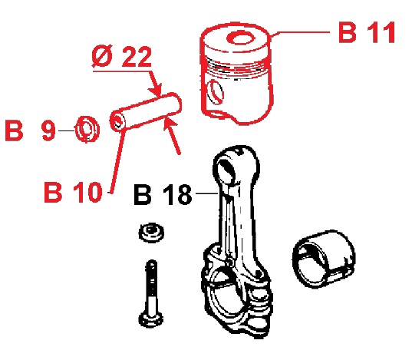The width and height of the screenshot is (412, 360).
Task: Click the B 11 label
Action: [367, 32]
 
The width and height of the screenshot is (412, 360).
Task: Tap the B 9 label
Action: [30, 130]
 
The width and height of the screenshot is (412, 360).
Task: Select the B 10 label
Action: [73, 192]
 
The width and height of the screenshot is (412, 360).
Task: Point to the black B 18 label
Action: [163, 194]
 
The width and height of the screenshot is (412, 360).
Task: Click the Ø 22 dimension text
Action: [122, 56]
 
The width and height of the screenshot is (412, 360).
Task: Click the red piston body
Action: [236, 73]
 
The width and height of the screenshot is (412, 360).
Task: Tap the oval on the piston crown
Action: [240, 38]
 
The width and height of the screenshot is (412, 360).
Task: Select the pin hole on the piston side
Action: [215, 92]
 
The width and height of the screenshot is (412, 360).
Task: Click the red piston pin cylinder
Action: [145, 112]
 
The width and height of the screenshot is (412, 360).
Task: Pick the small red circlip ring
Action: [87, 129]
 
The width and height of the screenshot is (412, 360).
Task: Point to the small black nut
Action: [151, 233]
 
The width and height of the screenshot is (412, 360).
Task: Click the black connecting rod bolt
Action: [151, 294]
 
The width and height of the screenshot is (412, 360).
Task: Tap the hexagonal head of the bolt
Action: [151, 320]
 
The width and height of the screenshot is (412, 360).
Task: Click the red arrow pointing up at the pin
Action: [172, 136]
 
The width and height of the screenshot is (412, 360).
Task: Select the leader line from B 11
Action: [300, 33]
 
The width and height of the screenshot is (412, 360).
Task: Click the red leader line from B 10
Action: [117, 162]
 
